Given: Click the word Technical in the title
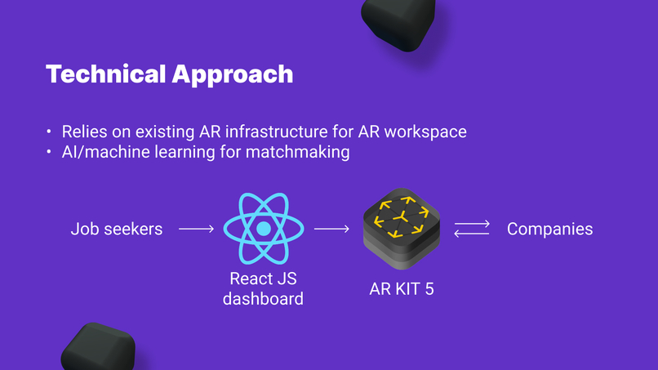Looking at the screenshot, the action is pos(106,74).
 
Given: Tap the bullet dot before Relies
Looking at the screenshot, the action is pos(49,132).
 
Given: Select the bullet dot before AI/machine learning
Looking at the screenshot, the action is pos(49,152).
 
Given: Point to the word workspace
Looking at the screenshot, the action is pos(425,132).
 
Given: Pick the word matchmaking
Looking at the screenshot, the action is pos(297,152).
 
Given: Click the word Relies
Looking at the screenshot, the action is pos(84,132).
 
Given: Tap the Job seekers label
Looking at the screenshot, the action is pos(116,229).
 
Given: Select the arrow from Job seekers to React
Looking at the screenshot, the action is pos(197,229).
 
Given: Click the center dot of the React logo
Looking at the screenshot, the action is pos(264,229).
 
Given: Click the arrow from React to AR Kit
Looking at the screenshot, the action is pos(331,229).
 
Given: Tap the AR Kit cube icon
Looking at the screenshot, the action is pos(402,229).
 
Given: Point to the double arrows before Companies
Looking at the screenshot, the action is pos(472,229).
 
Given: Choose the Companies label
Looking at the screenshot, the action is pos(549,230).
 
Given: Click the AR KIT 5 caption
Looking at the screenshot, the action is pos(402,289).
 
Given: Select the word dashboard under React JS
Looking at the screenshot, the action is pos(263,299).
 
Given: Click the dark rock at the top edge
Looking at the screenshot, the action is pos(398,23).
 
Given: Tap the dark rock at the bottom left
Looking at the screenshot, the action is pos(98,347).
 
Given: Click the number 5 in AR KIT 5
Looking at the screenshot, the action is pos(429,289).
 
